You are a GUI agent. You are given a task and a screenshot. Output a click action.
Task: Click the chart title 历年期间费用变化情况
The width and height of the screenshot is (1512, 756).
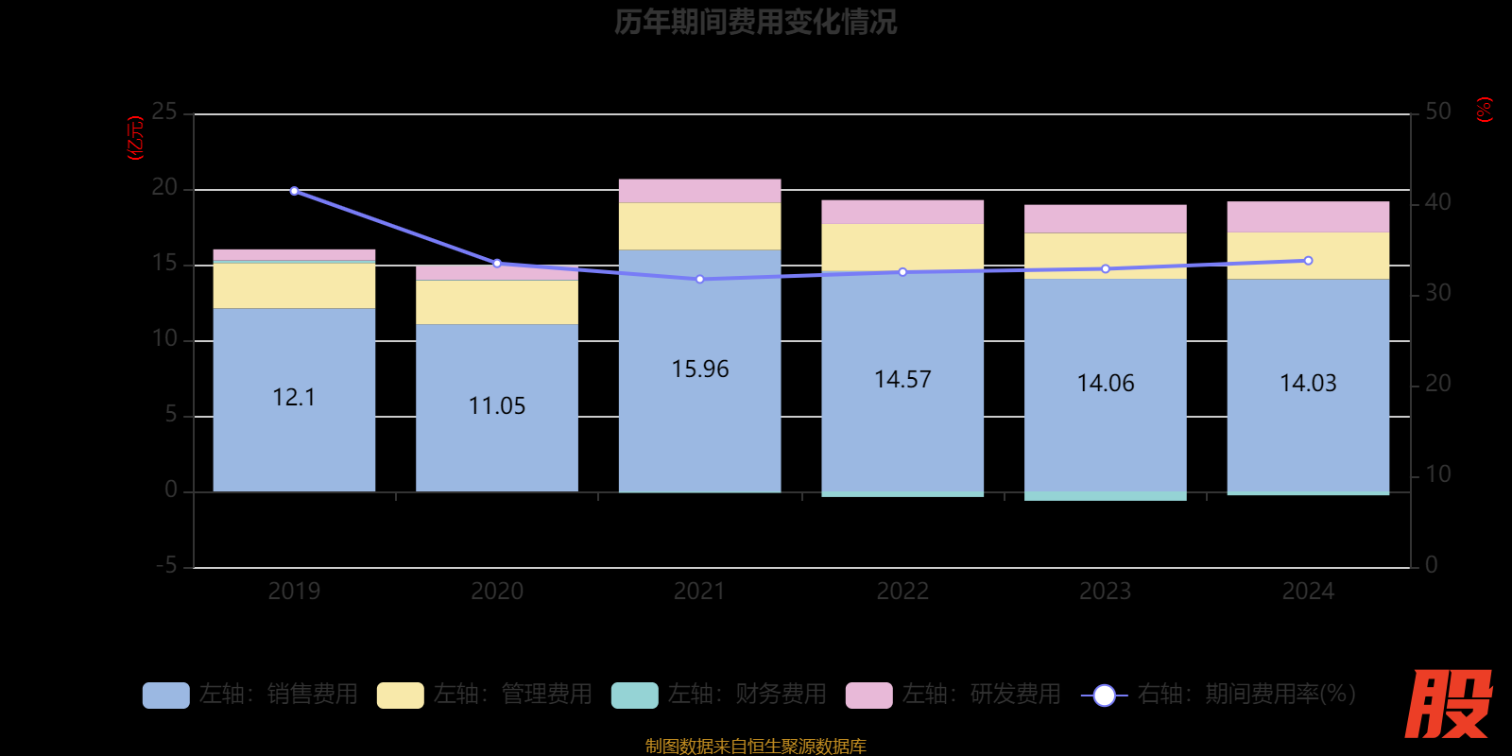[x=755, y=22]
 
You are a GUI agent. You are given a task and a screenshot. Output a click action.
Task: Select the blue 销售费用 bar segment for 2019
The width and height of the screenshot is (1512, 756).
[x=294, y=435]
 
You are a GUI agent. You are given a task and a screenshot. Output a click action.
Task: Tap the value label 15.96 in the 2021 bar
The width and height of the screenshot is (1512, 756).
[x=699, y=369]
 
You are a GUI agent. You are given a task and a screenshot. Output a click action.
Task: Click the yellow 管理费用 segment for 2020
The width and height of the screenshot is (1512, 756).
[x=497, y=302]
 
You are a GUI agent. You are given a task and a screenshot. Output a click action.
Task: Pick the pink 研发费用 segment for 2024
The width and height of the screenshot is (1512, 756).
[x=1308, y=216]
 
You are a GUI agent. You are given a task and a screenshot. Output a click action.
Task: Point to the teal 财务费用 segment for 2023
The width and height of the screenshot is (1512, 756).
[x=1106, y=496]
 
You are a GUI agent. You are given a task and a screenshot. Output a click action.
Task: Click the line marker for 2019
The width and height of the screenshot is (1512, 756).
[x=294, y=191]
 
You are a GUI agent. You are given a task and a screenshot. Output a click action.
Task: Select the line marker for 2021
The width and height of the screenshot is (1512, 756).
[x=699, y=280]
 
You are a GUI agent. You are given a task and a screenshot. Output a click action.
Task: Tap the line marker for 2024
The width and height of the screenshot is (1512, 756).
[x=1308, y=261]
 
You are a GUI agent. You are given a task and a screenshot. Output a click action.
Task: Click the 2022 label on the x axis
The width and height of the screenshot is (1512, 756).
[x=902, y=592]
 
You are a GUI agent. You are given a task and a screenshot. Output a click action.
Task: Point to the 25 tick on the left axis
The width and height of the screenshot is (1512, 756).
[x=164, y=112]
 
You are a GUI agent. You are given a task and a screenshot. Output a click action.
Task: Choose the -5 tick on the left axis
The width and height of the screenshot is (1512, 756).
[x=166, y=566]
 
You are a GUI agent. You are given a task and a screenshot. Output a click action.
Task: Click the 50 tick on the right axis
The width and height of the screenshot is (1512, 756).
[x=1437, y=112]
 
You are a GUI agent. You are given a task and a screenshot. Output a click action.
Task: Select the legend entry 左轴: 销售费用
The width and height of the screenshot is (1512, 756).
[x=250, y=695]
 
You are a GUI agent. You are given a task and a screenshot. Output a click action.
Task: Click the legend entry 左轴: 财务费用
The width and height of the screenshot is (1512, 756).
[x=719, y=695]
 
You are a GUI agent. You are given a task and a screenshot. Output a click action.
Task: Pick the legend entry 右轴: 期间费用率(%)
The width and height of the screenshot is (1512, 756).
[x=1218, y=695]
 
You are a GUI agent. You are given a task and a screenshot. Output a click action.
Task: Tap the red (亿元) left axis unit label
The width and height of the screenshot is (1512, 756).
[x=136, y=138]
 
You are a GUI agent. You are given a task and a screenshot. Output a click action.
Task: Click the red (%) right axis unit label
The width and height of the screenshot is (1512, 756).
[x=1485, y=110]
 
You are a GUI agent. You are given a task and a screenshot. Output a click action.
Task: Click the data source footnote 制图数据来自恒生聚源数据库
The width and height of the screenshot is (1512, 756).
[x=755, y=747]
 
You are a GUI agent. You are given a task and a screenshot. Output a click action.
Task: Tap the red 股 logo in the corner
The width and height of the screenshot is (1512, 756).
[x=1448, y=704]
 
